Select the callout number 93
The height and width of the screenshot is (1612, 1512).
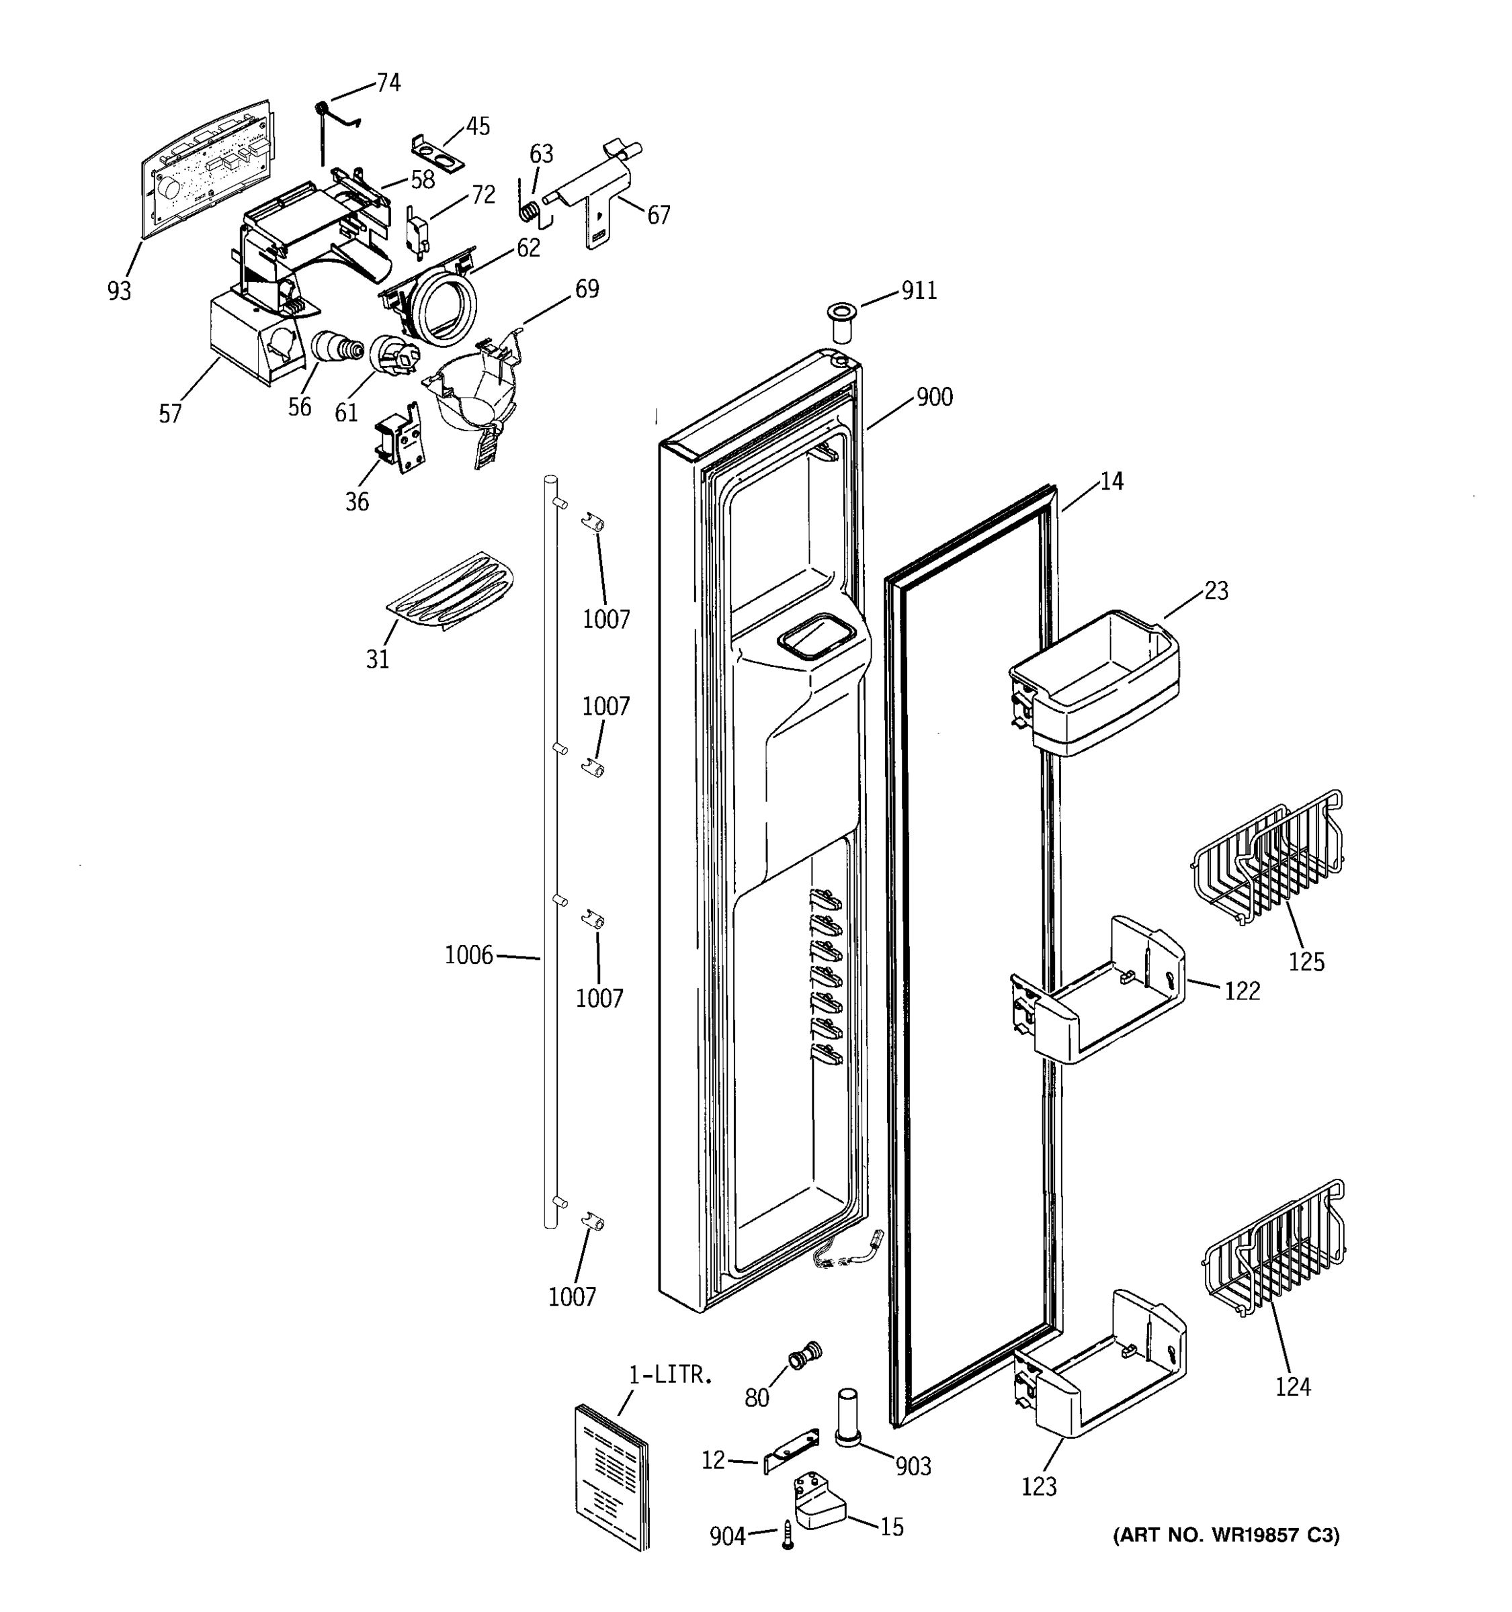pyautogui.click(x=118, y=290)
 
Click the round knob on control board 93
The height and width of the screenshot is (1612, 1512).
pyautogui.click(x=169, y=188)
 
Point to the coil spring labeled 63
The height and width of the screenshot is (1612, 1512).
pyautogui.click(x=529, y=210)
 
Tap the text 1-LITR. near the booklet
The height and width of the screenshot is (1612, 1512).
pyautogui.click(x=670, y=1374)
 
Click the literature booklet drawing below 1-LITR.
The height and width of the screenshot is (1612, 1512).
pyautogui.click(x=612, y=1476)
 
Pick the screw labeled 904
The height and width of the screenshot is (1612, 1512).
pyautogui.click(x=787, y=1535)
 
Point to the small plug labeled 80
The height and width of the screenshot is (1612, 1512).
pyautogui.click(x=804, y=1355)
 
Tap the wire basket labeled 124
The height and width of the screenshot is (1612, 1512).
pyautogui.click(x=1273, y=1249)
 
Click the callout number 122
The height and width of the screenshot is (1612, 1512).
pyautogui.click(x=1242, y=991)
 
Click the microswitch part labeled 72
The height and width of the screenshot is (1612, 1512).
pyautogui.click(x=416, y=232)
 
